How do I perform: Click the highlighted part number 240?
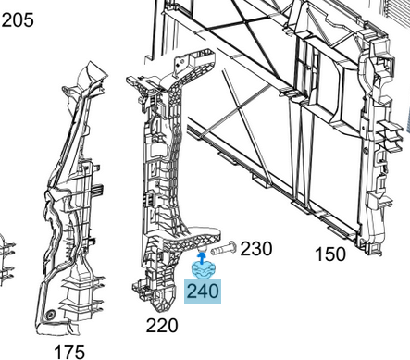pos(203,292)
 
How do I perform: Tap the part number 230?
pos(256,249)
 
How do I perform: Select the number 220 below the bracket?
pos(162,326)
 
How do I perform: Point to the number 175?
pos(69,353)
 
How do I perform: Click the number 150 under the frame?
pos(330,254)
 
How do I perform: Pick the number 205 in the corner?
pos(18,20)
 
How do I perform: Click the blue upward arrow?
pos(202,258)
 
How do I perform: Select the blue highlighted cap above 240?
pos(203,269)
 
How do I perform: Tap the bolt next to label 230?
pos(223,249)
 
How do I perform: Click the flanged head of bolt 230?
pos(233,247)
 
